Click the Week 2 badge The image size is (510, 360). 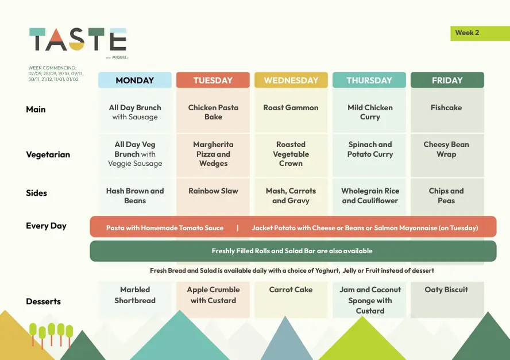480,33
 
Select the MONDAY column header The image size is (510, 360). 134,80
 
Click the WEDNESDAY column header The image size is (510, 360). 291,80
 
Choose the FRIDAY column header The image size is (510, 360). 447,80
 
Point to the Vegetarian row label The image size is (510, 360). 48,154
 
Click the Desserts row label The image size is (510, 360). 43,301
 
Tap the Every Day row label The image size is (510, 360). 46,226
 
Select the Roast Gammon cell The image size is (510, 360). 291,111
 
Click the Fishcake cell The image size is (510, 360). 447,111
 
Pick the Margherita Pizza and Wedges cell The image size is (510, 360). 213,155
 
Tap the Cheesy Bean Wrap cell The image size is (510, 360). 447,155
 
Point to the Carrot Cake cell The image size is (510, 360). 291,300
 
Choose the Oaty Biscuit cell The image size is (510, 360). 447,300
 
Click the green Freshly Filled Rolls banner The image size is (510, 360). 293,251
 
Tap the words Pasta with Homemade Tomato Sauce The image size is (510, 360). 165,228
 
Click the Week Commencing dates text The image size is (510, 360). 56,73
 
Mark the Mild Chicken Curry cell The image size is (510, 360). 369,111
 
